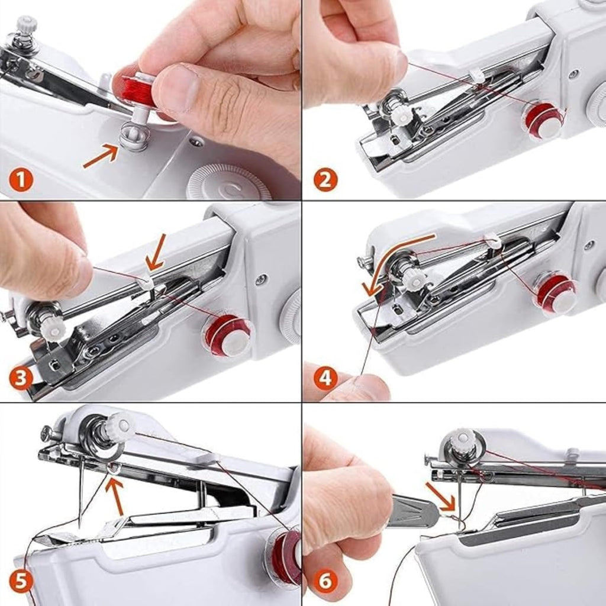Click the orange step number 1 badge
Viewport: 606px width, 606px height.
(x=21, y=179)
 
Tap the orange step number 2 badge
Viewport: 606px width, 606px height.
(x=325, y=179)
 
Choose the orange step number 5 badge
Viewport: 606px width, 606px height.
(x=21, y=581)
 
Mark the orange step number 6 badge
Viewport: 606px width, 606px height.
(x=325, y=581)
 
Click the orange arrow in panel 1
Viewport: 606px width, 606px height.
(x=100, y=157)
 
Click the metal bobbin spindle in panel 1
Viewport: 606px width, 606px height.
(x=134, y=138)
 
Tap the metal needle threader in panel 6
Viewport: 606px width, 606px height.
(x=412, y=510)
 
